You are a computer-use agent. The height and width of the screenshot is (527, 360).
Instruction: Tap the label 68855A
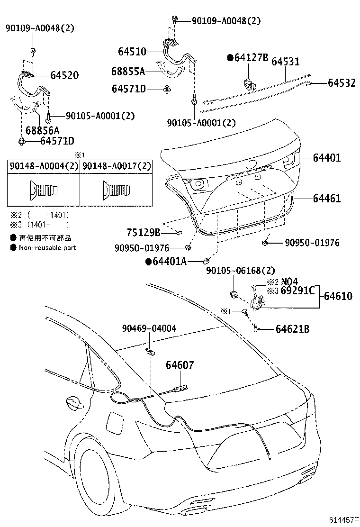point(128,72)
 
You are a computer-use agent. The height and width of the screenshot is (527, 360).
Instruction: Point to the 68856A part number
point(42,130)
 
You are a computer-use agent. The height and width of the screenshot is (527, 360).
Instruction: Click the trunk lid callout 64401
point(333,158)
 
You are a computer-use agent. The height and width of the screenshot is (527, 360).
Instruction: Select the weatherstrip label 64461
point(333,199)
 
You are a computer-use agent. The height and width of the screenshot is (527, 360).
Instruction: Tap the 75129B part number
point(144,232)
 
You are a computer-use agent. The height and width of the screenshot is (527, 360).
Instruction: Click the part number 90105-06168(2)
point(240,271)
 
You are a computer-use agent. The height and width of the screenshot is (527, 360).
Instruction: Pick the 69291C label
point(297,291)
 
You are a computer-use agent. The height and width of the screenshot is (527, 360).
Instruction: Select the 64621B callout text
point(292,328)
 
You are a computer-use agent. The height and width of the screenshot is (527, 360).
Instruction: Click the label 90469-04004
point(149,328)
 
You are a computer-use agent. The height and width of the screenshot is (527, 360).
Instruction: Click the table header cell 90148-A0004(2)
point(43,166)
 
